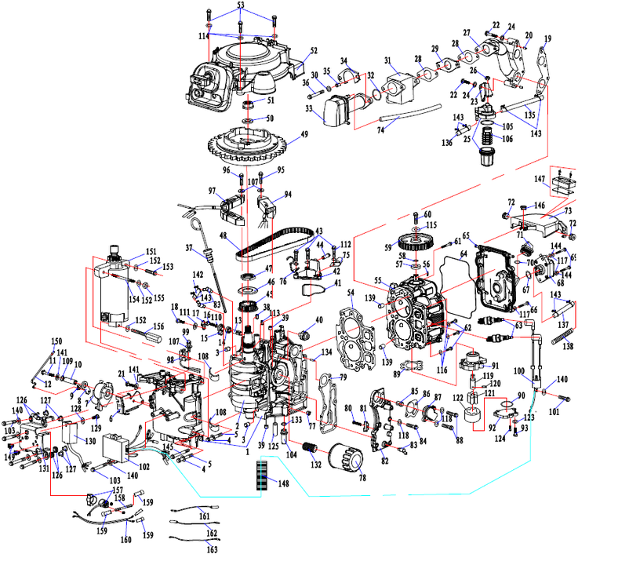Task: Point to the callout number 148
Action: tap(283, 483)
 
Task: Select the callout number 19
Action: tap(547, 38)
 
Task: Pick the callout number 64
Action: tap(464, 254)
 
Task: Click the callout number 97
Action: tap(211, 191)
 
